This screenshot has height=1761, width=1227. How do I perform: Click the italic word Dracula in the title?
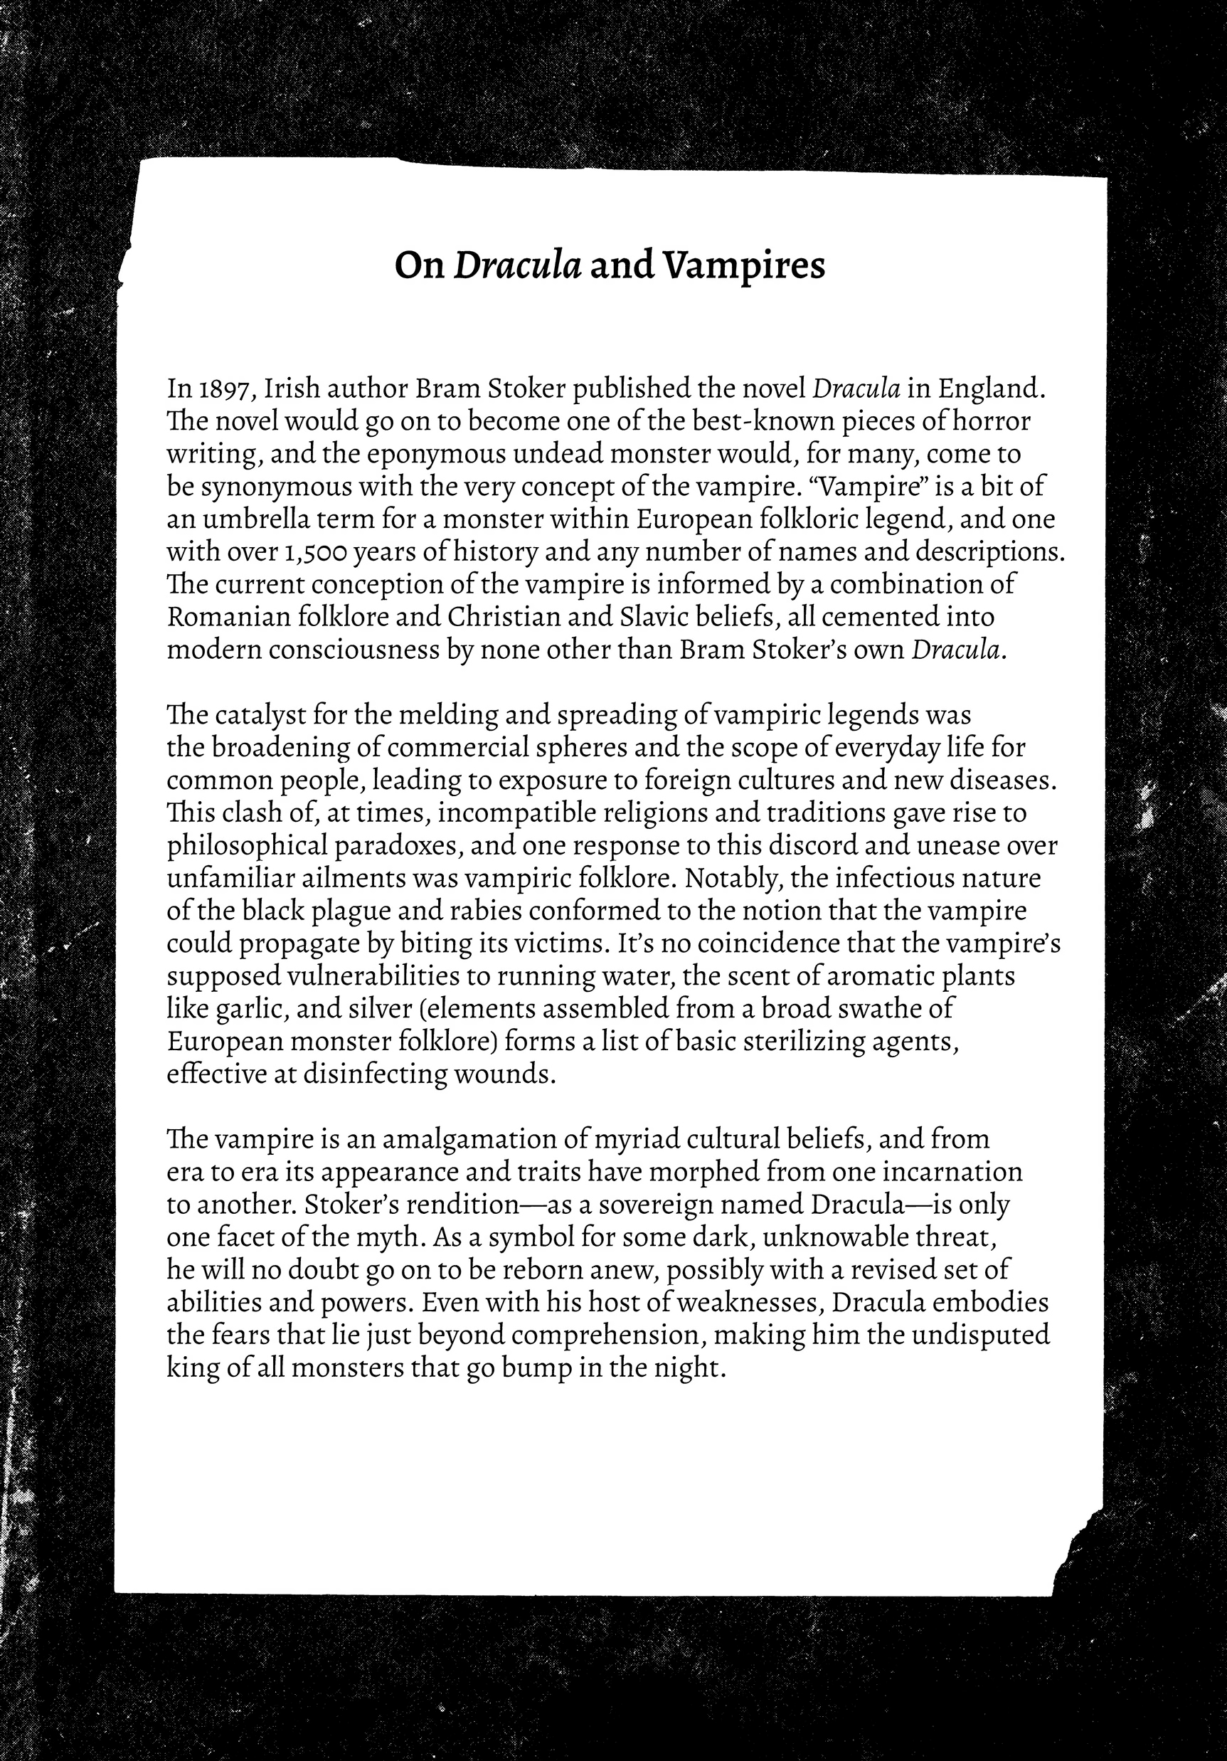point(518,265)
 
